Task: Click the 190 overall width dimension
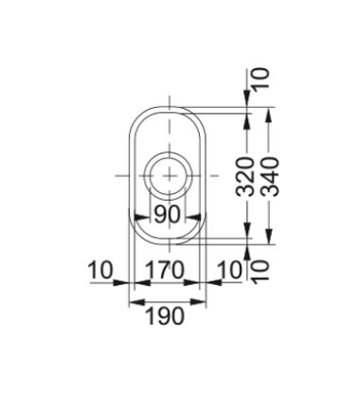[x=165, y=316]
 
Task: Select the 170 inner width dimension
[x=164, y=270]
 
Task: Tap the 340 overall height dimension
[x=271, y=176]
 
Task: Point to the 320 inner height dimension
[x=245, y=176]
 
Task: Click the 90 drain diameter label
[x=167, y=214]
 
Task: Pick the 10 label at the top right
[x=261, y=79]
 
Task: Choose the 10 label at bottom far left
[x=100, y=270]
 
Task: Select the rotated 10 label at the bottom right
[x=261, y=271]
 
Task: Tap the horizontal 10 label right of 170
[x=229, y=270]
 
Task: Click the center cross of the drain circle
[x=170, y=175]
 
